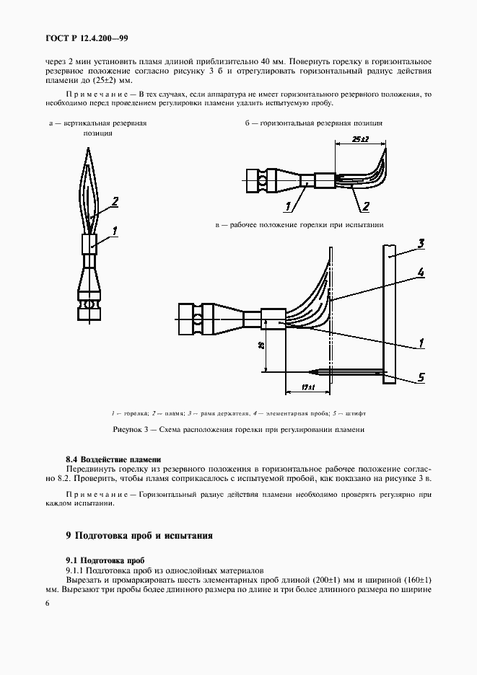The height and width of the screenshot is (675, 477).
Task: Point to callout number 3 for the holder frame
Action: pos(422,243)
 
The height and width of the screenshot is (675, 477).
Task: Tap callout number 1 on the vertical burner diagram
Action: pos(115,231)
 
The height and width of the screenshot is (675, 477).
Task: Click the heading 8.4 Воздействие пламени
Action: pos(113,459)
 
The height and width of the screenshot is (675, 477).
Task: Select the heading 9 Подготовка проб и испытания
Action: pos(139,536)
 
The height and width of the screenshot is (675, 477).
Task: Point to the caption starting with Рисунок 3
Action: pos(238,430)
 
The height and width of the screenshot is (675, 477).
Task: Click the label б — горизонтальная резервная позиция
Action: pos(313,123)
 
